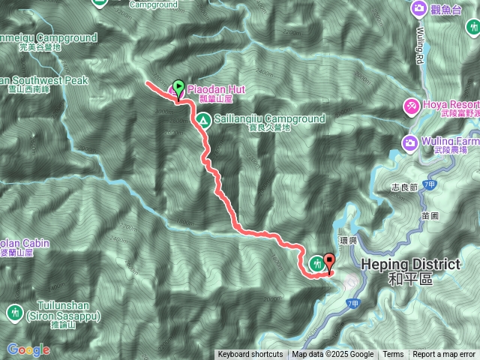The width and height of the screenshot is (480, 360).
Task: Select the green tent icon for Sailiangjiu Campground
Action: [202, 119]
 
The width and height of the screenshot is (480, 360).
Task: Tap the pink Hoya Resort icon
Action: [412, 106]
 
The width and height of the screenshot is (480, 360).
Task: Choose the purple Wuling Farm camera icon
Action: [410, 142]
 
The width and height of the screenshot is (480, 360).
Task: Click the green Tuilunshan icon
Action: [14, 311]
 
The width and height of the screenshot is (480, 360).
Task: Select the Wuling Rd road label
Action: [419, 46]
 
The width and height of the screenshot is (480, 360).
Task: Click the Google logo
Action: [28, 349]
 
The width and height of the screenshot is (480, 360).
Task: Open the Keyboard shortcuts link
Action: [250, 355]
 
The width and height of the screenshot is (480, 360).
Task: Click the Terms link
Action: [393, 355]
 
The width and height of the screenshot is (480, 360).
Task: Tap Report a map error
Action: [444, 355]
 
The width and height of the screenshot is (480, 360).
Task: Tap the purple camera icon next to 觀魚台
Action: [419, 8]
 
